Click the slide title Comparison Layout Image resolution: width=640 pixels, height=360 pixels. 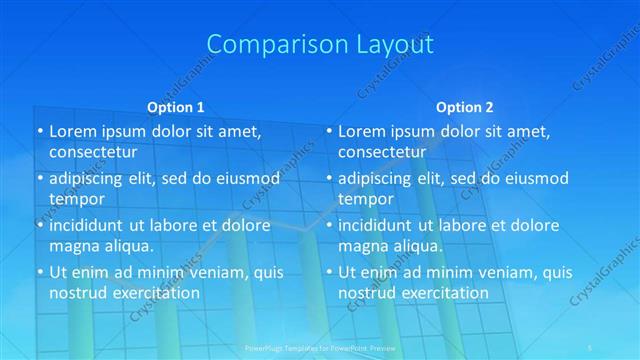click(320, 45)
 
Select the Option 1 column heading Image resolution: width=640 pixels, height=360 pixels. click(175, 107)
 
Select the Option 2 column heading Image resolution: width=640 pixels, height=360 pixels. click(464, 107)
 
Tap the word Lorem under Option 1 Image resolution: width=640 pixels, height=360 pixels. click(73, 131)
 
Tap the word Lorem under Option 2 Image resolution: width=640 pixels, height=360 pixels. click(362, 131)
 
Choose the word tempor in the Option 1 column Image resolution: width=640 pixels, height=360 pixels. click(77, 199)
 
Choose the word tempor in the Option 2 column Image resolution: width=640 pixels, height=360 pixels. click(366, 199)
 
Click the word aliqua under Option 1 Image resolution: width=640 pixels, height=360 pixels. click(127, 245)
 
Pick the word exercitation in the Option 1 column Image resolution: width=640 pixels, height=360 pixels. click(156, 292)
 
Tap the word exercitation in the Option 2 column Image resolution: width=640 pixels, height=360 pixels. click(445, 292)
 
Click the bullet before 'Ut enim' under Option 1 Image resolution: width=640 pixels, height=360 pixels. click(39, 272)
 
